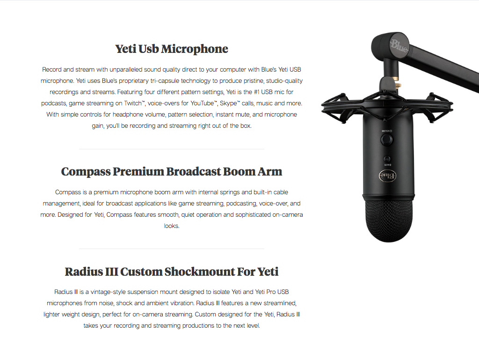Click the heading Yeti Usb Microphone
coord(171,49)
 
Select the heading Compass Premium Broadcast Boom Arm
coord(171,171)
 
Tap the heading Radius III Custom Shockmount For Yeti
coord(171,272)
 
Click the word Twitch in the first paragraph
coord(133,103)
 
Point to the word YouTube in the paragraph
coord(202,103)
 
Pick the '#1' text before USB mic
coord(257,92)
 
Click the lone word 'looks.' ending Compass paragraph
coord(171,226)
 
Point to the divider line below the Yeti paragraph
coord(171,149)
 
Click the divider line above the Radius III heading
coord(171,249)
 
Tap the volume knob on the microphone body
coord(386,140)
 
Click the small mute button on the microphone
coord(387,159)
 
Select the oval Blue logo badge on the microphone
coord(388,176)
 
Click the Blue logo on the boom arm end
coord(399,45)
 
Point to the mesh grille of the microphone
coord(388,220)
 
